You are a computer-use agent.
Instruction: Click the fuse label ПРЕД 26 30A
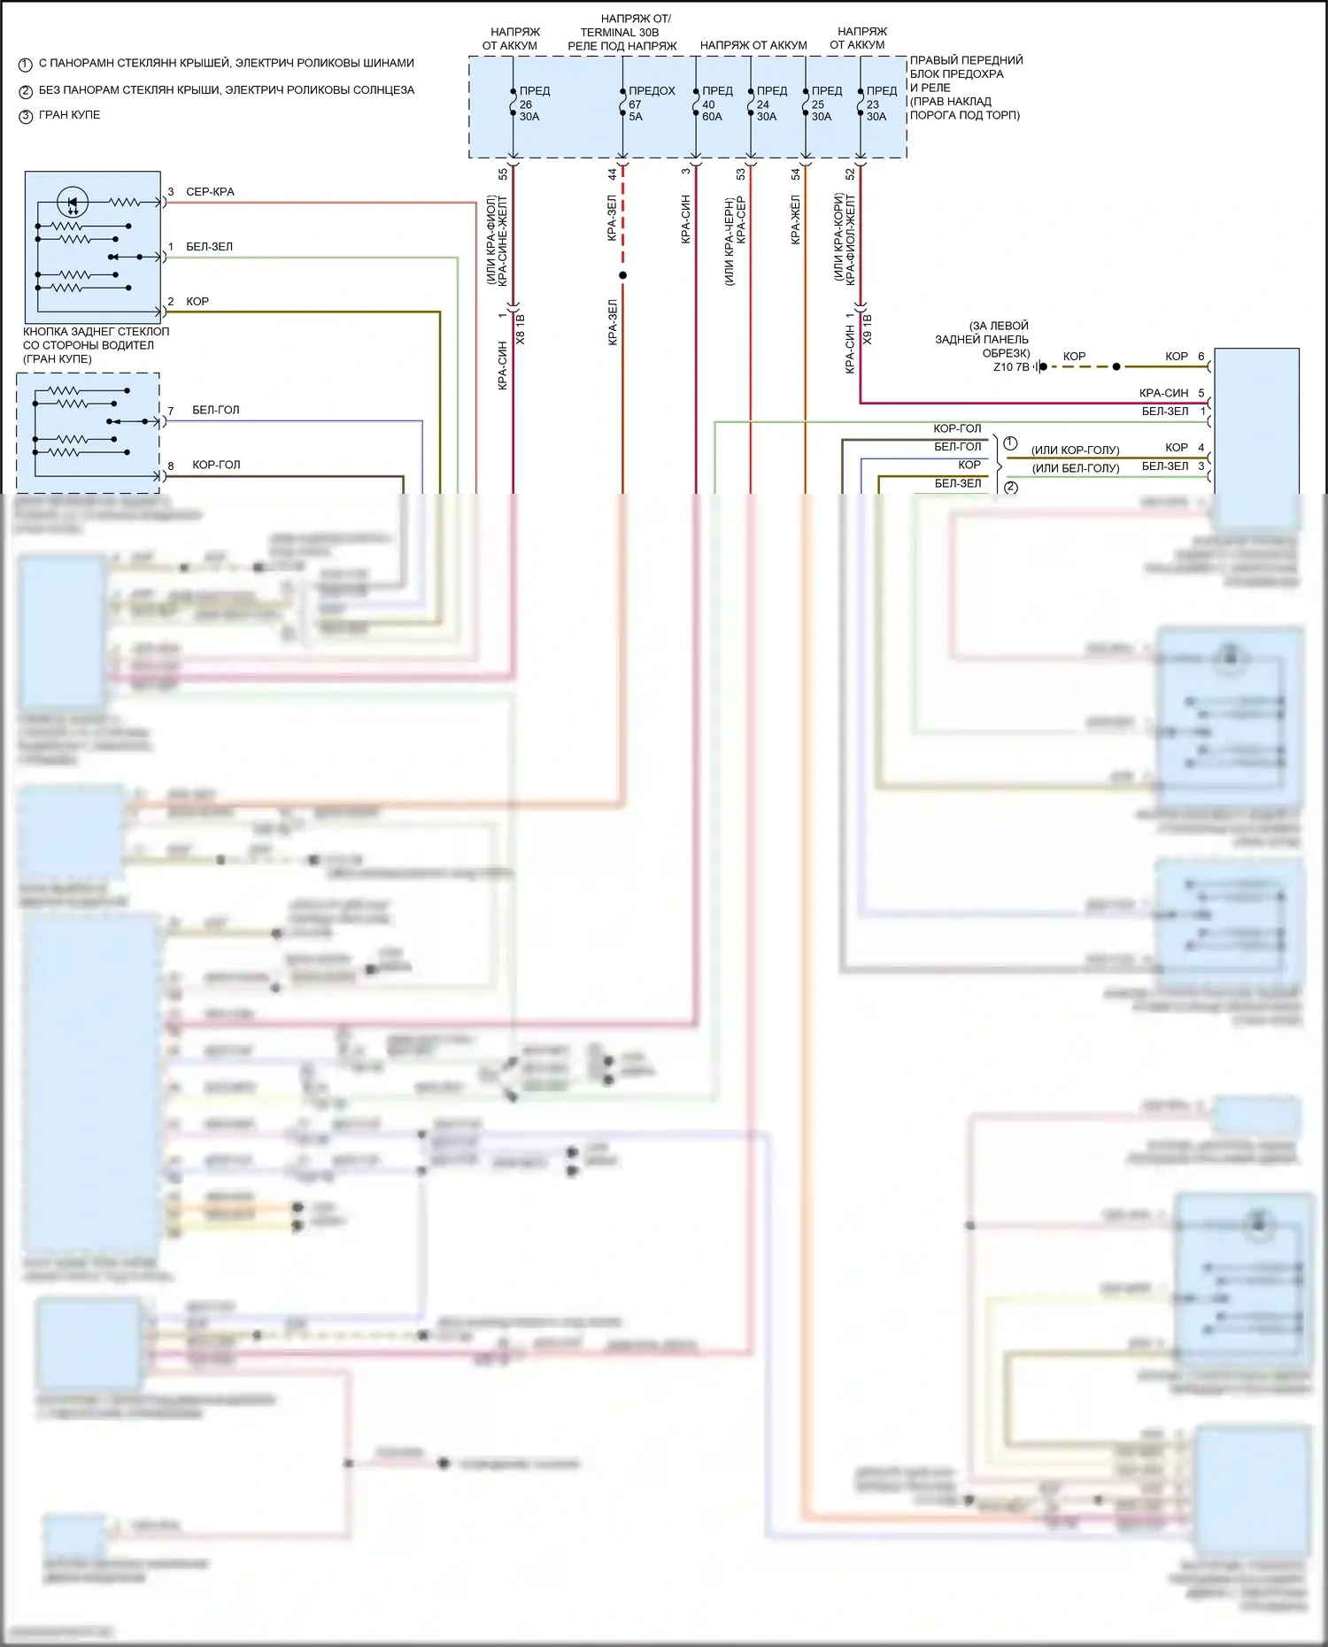pos(531,104)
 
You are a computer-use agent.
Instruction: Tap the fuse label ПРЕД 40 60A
pos(715,104)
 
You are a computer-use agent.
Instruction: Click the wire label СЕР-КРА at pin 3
pos(210,192)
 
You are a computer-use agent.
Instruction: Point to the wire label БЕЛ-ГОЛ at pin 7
pos(215,411)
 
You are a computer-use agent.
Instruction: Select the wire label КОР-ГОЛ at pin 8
pos(216,466)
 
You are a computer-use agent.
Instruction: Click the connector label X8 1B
pos(521,329)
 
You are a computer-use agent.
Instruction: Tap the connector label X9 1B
pos(868,329)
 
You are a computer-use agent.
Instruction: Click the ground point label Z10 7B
pos(1011,367)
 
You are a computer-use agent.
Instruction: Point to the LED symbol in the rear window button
pos(73,203)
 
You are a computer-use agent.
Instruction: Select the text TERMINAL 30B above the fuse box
pos(620,33)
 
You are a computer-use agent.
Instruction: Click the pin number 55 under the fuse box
pos(503,174)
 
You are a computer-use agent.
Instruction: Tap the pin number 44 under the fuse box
pos(612,174)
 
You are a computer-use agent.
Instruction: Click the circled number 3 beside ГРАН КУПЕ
pos(26,116)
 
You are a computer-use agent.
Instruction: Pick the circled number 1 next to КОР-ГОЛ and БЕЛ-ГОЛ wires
pos(1010,443)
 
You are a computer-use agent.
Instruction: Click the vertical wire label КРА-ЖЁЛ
pos(795,219)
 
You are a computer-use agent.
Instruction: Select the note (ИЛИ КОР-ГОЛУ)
pos(1075,450)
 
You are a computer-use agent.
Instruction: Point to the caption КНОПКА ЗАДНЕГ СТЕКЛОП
pos(96,332)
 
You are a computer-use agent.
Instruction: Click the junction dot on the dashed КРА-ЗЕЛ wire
pos(622,276)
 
